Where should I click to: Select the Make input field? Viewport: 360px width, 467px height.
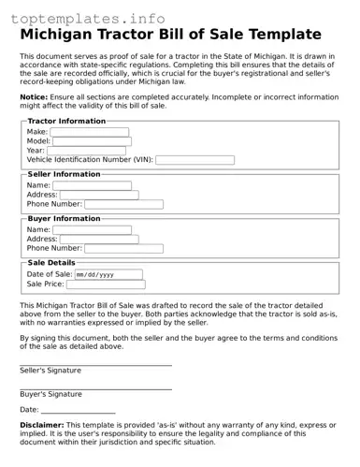(x=91, y=132)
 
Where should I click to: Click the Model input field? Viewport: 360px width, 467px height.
(x=93, y=141)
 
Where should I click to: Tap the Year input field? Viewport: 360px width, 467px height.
(x=86, y=151)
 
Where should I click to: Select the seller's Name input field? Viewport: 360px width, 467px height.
(x=93, y=185)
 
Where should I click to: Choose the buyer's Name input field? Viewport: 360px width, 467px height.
(x=93, y=230)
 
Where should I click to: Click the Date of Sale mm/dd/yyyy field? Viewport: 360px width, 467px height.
(x=108, y=275)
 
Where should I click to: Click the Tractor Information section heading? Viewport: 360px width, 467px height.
(x=66, y=121)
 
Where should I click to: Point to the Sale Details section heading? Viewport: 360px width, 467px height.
(x=51, y=263)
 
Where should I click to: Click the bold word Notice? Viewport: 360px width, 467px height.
(x=34, y=96)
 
